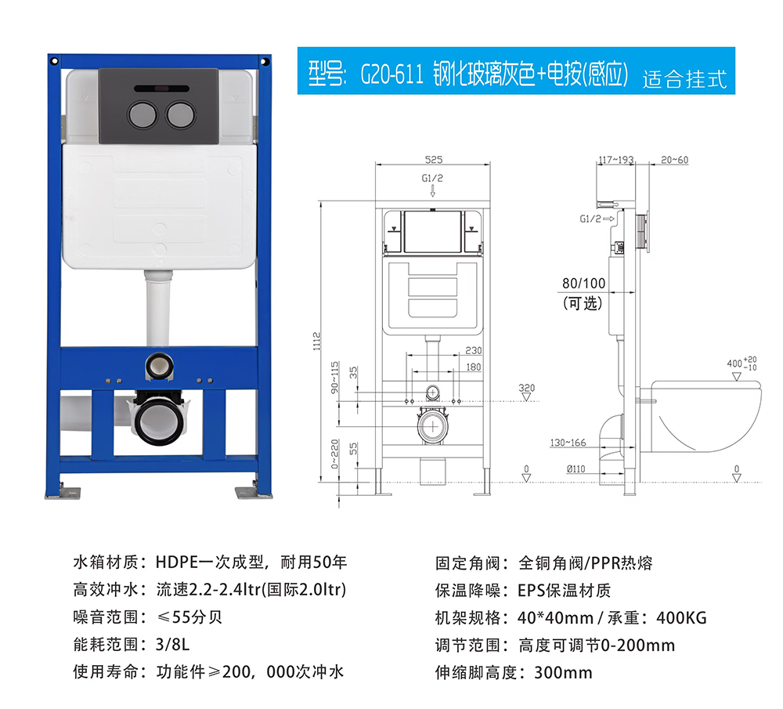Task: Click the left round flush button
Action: (x=143, y=114)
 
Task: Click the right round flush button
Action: (x=180, y=114)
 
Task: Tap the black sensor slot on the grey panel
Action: (x=161, y=89)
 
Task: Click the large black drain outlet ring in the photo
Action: (x=159, y=418)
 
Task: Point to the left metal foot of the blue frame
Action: (x=63, y=492)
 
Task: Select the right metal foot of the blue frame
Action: (x=254, y=492)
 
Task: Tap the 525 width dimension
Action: (x=434, y=159)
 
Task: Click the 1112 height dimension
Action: (x=316, y=342)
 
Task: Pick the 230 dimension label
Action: (x=474, y=350)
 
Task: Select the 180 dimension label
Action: (x=474, y=367)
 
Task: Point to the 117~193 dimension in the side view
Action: (x=616, y=160)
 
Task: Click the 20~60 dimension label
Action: (x=674, y=160)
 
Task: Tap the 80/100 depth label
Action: (x=584, y=284)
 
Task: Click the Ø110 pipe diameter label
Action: (x=576, y=468)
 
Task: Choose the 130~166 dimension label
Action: (x=568, y=443)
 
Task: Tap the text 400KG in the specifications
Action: (x=681, y=618)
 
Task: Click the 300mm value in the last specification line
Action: (x=563, y=672)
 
